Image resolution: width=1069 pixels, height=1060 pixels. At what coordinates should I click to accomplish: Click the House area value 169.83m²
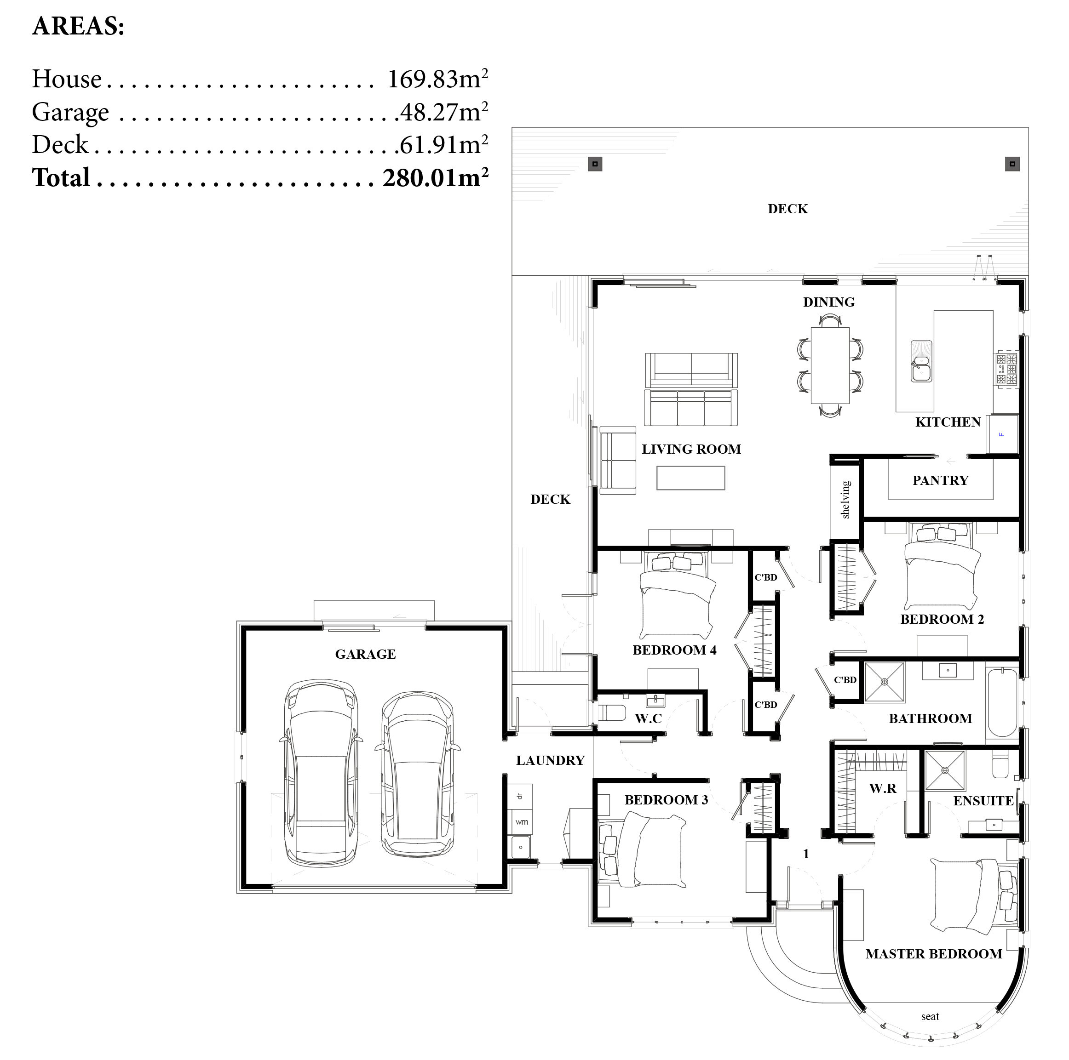point(437,79)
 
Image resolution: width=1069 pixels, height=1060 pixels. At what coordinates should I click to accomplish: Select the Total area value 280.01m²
point(436,177)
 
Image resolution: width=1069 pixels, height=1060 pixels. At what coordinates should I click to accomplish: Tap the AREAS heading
point(78,26)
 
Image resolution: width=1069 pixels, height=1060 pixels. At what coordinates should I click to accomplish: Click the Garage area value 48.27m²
point(444,112)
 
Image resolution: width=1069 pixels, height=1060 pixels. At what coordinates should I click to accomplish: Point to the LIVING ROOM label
point(691,449)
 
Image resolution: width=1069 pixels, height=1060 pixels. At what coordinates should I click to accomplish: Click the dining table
point(829,365)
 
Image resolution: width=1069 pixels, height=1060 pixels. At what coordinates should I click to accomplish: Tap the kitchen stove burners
point(1006,369)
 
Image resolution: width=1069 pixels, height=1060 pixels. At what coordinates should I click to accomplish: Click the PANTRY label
point(940,480)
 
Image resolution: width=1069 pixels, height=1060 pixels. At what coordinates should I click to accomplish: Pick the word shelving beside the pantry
point(845,499)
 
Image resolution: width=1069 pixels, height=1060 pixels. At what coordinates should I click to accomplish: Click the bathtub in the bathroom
point(1002,702)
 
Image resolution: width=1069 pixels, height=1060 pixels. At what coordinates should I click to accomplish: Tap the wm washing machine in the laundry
point(521,822)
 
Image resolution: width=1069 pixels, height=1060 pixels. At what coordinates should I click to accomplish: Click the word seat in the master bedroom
point(930,1016)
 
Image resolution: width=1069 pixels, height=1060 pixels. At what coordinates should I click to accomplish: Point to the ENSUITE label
point(983,801)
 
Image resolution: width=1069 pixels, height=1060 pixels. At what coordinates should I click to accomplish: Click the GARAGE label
point(365,654)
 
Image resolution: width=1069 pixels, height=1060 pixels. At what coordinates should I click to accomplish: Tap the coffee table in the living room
point(690,478)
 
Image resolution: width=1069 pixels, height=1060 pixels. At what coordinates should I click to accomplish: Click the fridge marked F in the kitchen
point(1002,434)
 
